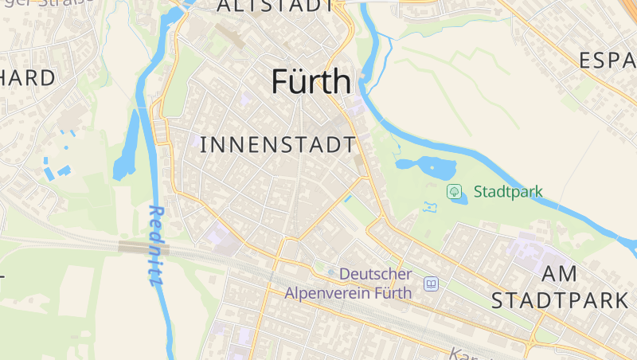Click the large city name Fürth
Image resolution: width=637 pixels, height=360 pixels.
coord(311,82)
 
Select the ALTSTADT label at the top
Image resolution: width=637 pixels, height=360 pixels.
coord(275,6)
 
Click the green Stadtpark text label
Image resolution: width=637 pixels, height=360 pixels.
coord(508,191)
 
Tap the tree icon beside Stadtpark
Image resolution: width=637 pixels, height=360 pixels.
coord(454,191)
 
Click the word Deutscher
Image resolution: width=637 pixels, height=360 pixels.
coord(376,273)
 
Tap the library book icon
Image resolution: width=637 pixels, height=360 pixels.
coord(431,284)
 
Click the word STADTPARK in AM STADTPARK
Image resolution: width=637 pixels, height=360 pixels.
coord(560,300)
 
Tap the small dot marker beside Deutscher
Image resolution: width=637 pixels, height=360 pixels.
coord(331,273)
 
